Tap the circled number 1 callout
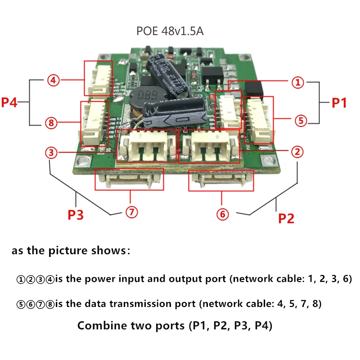tap(297, 82)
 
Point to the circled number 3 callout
tap(52, 153)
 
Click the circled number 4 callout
tap(53, 81)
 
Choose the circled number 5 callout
tap(301, 120)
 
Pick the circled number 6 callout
tap(222, 215)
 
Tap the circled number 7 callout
tap(131, 213)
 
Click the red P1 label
tap(339, 103)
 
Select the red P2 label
tap(286, 219)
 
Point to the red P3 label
tap(76, 215)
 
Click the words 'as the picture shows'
tap(71, 251)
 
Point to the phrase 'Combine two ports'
tap(130, 325)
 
